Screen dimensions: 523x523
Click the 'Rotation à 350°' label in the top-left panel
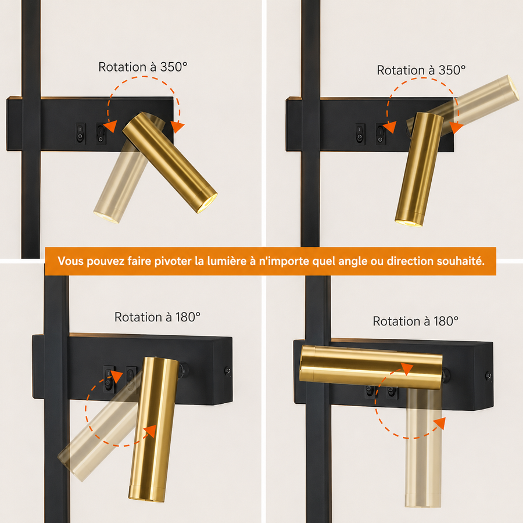pos(143,67)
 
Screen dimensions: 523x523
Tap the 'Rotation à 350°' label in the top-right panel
pos(421,70)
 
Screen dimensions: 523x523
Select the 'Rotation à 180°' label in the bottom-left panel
pos(157,317)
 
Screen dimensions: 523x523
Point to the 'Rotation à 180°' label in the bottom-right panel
pos(415,321)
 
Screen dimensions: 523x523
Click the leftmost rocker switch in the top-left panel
pos(80,134)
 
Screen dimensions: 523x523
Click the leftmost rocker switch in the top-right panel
pos(360,134)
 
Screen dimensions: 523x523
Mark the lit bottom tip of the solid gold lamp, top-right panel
pos(409,223)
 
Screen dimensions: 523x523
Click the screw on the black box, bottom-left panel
pos(228,371)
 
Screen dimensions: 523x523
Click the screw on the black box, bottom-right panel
pos(488,376)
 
